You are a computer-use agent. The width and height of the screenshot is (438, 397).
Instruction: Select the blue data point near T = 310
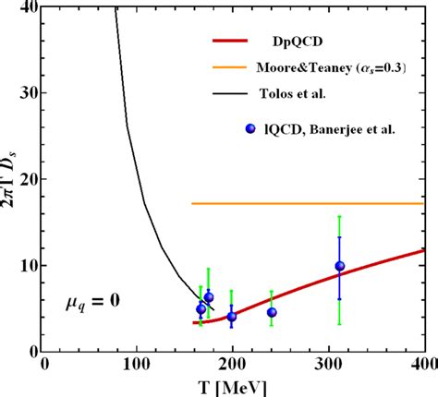click(339, 267)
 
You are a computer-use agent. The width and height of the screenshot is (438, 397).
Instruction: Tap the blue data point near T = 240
click(271, 312)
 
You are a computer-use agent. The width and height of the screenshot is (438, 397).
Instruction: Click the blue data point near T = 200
click(231, 317)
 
